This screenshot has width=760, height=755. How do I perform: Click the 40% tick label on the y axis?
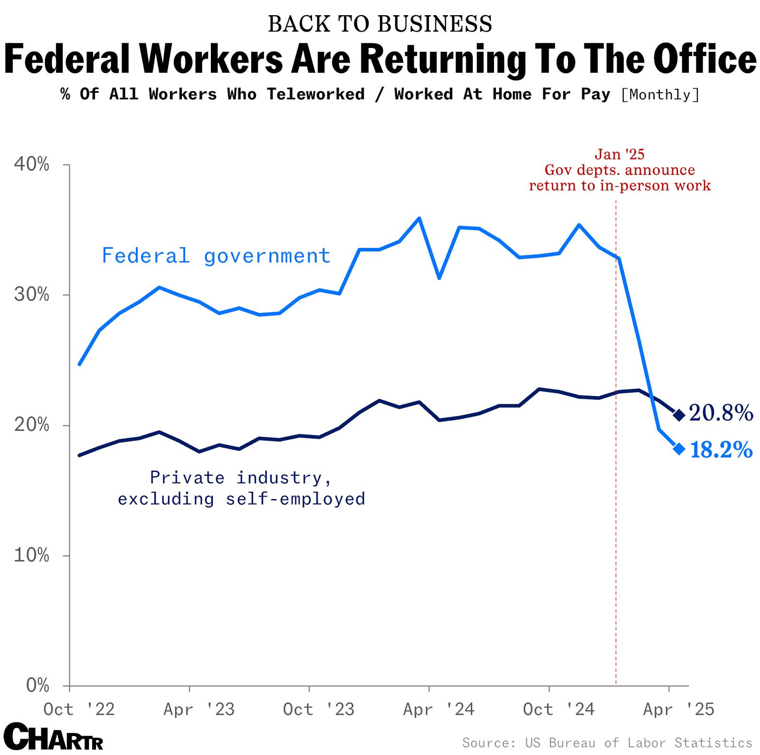point(31,165)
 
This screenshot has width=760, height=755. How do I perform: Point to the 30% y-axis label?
point(31,295)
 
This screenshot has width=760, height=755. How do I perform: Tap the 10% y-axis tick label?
point(31,555)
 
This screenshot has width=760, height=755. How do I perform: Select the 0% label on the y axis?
point(38,685)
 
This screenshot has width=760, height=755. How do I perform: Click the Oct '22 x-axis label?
point(79,709)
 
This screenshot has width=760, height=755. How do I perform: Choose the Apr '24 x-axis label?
point(438,709)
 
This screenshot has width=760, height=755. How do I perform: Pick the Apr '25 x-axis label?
point(678,709)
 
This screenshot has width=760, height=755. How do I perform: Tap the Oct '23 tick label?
point(318,709)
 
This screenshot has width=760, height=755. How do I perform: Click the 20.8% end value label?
point(721,413)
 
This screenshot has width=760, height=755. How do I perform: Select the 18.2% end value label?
point(721,449)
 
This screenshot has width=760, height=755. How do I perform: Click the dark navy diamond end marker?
point(679,415)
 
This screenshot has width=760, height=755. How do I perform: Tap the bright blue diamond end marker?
point(679,449)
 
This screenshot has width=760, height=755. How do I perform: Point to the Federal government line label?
point(216,256)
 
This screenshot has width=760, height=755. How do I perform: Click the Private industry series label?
point(241,488)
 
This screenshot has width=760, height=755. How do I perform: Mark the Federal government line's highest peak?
point(419,218)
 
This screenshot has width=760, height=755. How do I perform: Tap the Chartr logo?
point(53,737)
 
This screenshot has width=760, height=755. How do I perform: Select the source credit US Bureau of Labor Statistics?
point(607,743)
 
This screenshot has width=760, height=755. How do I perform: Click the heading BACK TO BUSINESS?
point(380,24)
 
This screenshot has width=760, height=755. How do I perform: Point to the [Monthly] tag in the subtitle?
point(660,95)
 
